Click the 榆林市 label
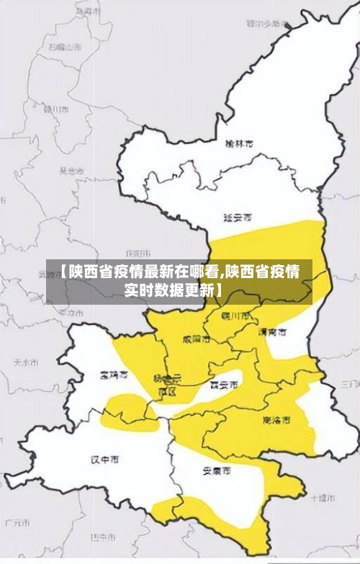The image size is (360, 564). pos(239,144)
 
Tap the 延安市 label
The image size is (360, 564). pos(238,217)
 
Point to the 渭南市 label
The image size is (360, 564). pos(272,332)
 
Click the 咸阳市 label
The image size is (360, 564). pos(197,339)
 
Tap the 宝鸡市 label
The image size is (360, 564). pos(114,375)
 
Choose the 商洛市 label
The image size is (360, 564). pos(276,419)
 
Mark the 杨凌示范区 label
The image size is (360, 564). pos(167,385)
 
